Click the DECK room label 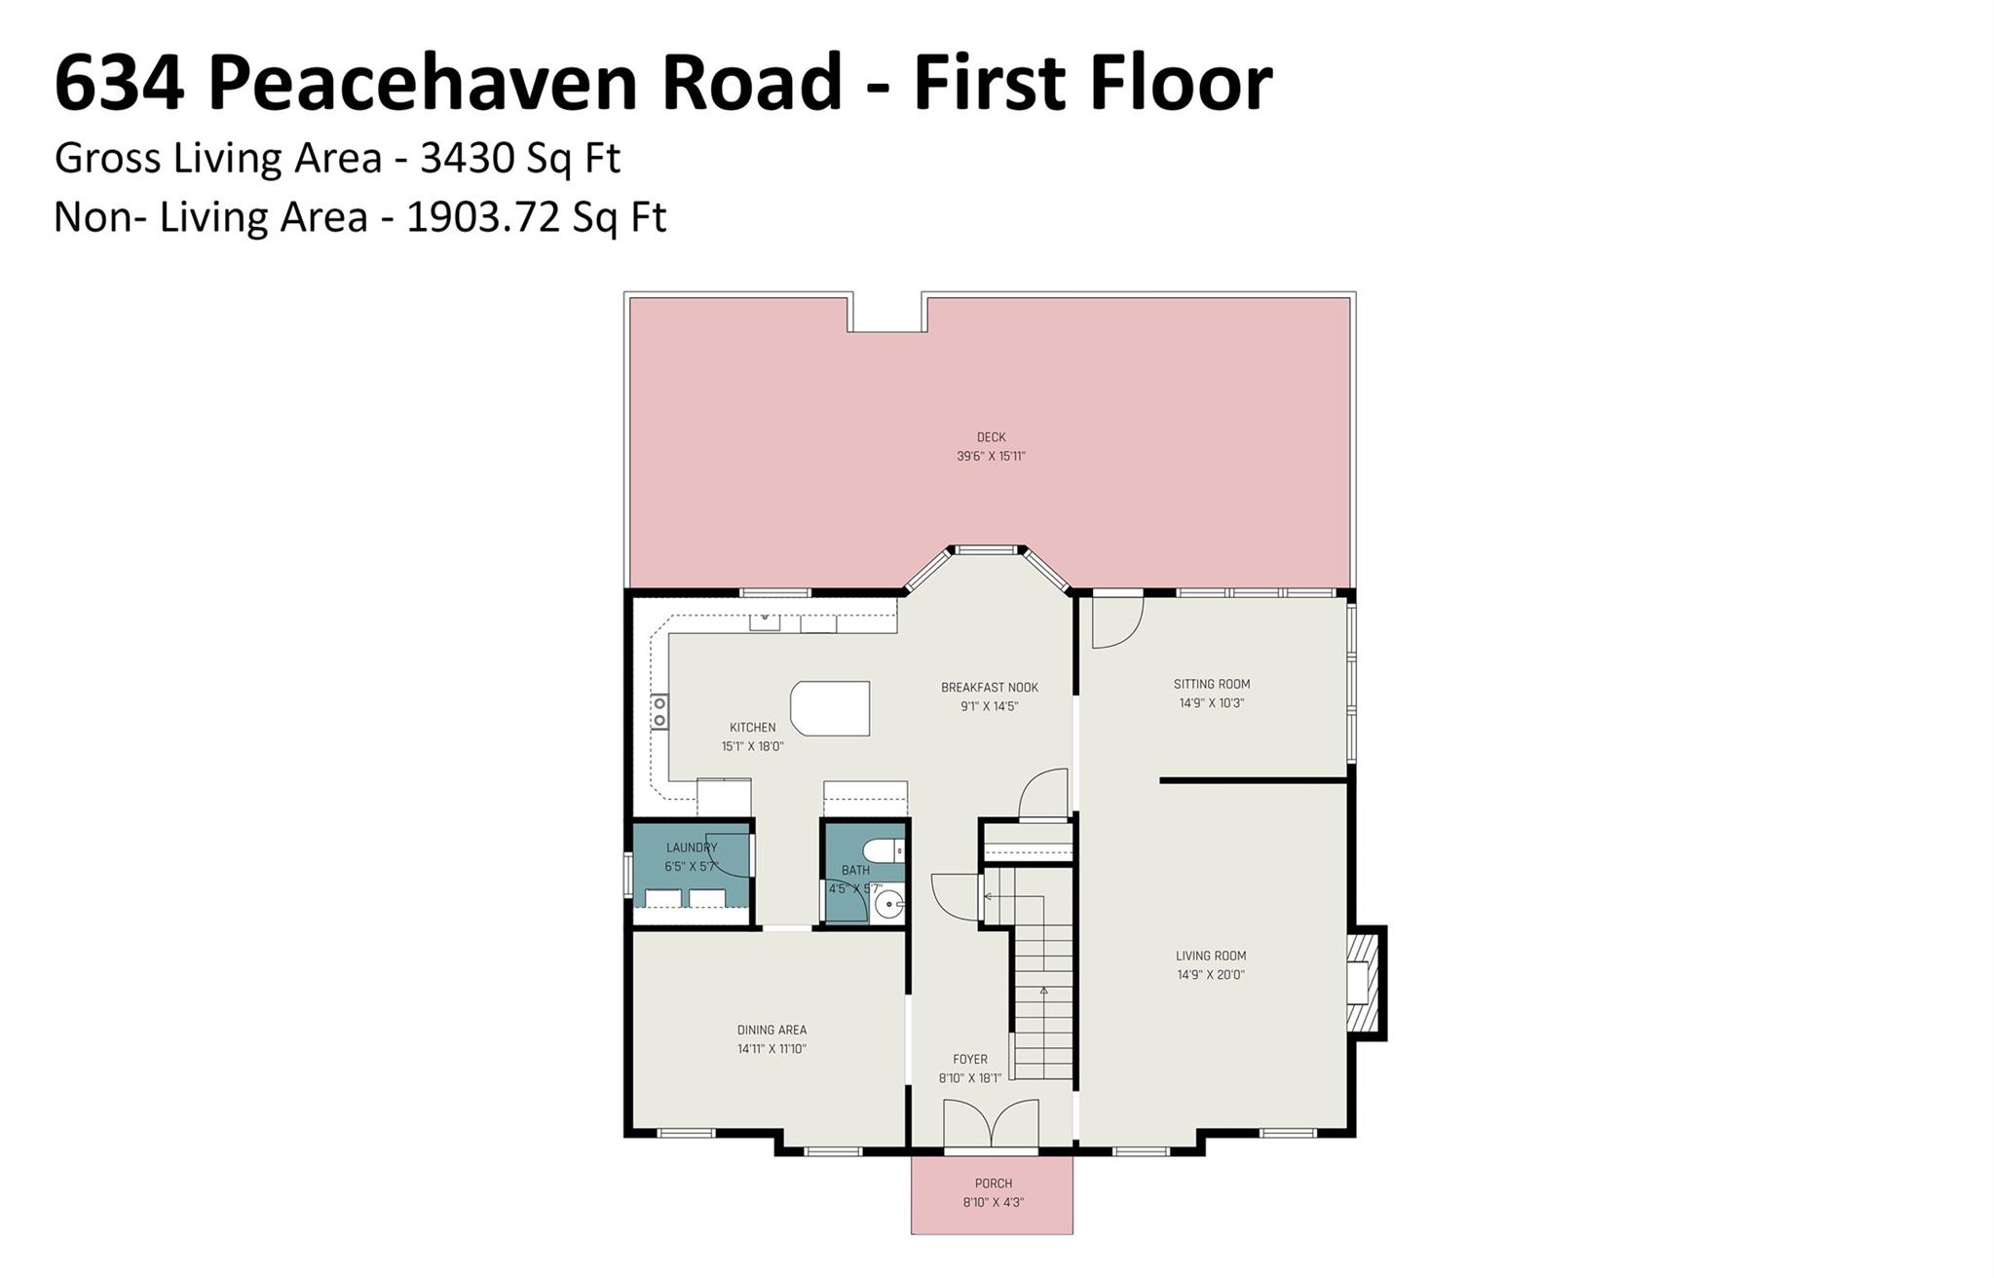(991, 437)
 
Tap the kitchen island (830, 708)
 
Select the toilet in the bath (884, 850)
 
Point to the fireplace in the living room (1364, 982)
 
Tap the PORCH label (994, 1184)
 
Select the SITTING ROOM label (1212, 684)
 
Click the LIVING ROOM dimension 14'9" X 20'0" (1211, 974)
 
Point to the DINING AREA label (771, 1030)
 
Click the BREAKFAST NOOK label (990, 688)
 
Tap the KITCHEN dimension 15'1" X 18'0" (752, 746)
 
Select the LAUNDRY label (692, 847)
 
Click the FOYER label (970, 1059)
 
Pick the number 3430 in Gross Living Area (467, 158)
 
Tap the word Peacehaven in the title (525, 83)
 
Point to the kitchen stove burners (659, 710)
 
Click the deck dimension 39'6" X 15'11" (991, 456)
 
